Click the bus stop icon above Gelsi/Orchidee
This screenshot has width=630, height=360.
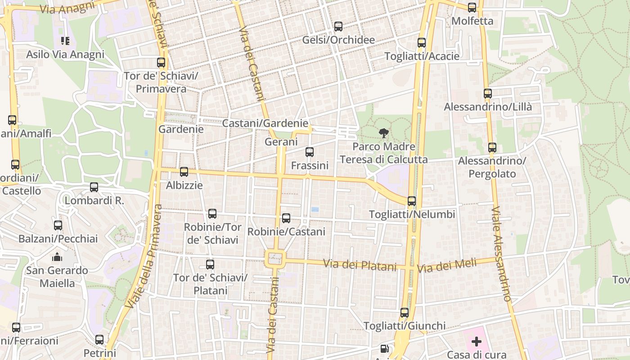[x=338, y=27]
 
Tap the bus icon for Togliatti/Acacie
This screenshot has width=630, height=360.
[x=422, y=43]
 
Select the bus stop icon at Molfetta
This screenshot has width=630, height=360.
[x=472, y=8]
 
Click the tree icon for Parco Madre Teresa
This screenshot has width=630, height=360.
[x=383, y=133]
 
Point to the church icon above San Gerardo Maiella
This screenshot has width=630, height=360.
[x=57, y=257]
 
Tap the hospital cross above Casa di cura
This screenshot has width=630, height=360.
[x=477, y=342]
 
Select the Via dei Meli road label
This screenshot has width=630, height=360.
[x=446, y=266]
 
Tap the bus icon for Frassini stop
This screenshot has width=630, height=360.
[x=310, y=152]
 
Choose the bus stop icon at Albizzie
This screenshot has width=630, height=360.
[x=184, y=172]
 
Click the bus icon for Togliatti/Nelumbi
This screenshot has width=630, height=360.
[x=412, y=201]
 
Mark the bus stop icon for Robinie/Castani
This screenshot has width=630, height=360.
[x=286, y=218]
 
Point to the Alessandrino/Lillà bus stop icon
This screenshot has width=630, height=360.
[x=488, y=94]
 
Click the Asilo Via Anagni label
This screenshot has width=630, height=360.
[x=65, y=54]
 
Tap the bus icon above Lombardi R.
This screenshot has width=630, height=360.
[x=94, y=187]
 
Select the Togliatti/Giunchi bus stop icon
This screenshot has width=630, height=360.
[x=405, y=312]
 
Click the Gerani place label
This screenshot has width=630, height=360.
[x=281, y=142]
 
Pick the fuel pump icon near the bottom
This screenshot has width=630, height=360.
[x=384, y=348]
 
